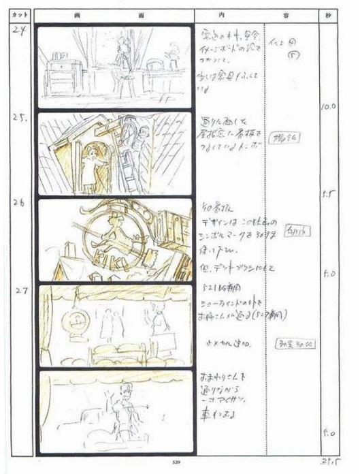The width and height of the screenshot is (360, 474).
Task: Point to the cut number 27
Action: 18,289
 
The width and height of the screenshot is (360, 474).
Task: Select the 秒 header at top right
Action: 329,15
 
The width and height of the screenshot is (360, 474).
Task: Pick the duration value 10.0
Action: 327,108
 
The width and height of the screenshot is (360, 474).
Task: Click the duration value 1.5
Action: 328,193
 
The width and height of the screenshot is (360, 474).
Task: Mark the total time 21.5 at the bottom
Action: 329,464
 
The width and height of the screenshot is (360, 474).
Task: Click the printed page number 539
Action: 176,464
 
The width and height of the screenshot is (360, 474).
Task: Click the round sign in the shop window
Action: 71,321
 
